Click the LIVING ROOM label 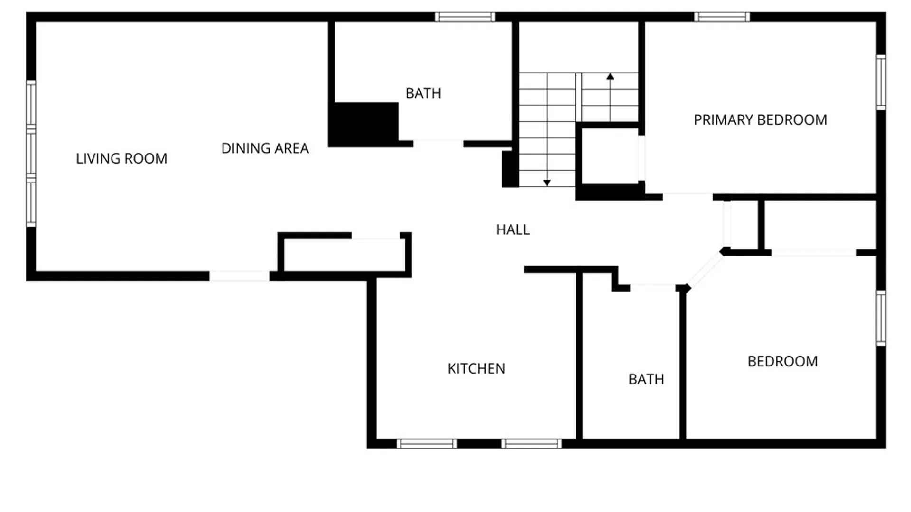[x=121, y=158]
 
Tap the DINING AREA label [x=265, y=148]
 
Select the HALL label [x=513, y=230]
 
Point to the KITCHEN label [x=476, y=369]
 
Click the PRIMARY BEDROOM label [x=760, y=120]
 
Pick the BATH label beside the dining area [x=423, y=93]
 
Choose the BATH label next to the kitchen [x=646, y=379]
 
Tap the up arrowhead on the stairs [x=610, y=76]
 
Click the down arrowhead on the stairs [x=547, y=183]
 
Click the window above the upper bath [x=465, y=17]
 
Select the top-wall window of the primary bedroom [x=722, y=17]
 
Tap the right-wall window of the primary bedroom [x=881, y=82]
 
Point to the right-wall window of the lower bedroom [x=881, y=318]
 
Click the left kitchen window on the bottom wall [x=427, y=444]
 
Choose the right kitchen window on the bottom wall [x=531, y=444]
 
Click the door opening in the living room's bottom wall [x=240, y=276]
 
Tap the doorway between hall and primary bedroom [x=688, y=196]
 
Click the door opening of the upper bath [x=438, y=143]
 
